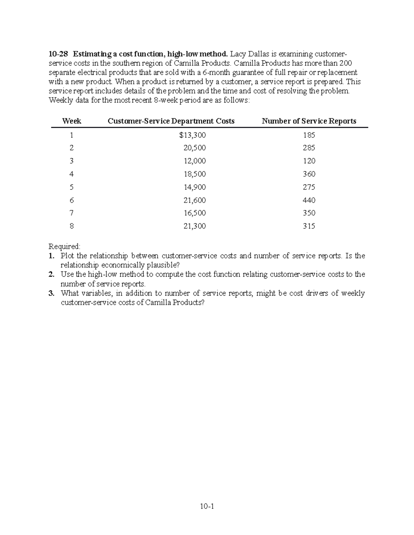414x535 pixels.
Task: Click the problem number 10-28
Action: click(58, 54)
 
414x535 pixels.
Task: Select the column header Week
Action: click(71, 121)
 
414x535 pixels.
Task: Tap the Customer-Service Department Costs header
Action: click(171, 121)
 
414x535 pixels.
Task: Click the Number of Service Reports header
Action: click(309, 121)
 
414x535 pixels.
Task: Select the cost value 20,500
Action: click(195, 148)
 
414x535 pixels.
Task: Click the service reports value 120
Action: click(309, 161)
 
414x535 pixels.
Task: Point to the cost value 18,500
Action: click(195, 174)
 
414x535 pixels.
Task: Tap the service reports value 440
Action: click(309, 200)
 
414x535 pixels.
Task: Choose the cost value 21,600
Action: click(195, 200)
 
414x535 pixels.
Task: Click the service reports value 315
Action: click(309, 226)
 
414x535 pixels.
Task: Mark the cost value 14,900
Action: click(195, 187)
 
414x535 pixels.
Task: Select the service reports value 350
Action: click(309, 213)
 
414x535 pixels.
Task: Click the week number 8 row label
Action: click(71, 226)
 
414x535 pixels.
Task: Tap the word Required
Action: click(64, 246)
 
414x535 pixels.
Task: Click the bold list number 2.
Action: click(51, 275)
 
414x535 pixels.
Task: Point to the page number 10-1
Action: click(207, 506)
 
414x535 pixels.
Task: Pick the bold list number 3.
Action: click(51, 294)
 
